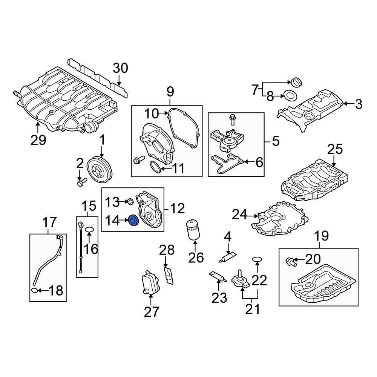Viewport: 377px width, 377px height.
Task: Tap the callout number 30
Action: coord(121,68)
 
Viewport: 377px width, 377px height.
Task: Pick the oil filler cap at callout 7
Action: coord(295,82)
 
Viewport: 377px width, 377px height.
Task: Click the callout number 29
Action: coord(38,140)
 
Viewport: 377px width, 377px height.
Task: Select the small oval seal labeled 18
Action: coord(34,290)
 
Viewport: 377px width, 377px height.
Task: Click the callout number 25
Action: coord(335,149)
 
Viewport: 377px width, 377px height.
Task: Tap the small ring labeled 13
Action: coord(129,202)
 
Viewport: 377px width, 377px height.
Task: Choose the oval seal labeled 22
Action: coord(257,259)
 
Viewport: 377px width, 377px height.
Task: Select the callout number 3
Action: coord(358,104)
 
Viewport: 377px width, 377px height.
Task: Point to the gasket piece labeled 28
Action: coord(169,275)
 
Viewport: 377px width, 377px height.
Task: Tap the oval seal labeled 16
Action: coord(89,229)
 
